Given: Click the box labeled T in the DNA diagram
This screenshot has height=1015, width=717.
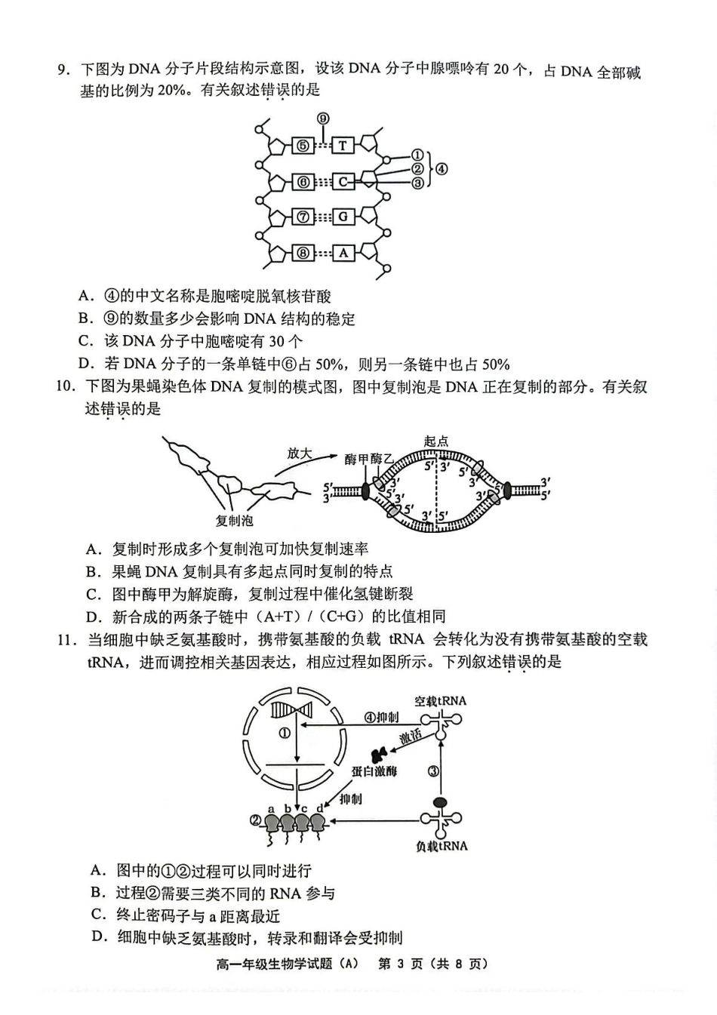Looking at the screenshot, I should click(343, 146).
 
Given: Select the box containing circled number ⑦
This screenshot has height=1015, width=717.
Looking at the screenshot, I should click(302, 217).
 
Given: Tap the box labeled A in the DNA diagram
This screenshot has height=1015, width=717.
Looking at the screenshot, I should click(343, 253).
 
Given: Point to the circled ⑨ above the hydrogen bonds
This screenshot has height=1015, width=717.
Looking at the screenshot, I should click(323, 118).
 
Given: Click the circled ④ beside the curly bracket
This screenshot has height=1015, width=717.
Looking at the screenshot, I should click(442, 169).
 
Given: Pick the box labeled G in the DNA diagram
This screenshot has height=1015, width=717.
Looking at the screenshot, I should click(343, 217).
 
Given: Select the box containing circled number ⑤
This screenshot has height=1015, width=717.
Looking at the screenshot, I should click(302, 146).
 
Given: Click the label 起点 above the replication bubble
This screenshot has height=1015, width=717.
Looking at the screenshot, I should click(436, 441).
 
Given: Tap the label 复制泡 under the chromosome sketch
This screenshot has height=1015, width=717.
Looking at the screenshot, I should click(234, 521).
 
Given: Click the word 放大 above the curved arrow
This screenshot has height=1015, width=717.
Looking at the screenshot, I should click(299, 453).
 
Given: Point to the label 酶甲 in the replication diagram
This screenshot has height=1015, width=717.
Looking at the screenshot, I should click(357, 460).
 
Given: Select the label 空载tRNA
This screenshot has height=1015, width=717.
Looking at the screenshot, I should click(441, 701).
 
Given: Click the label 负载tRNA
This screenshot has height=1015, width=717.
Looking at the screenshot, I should click(442, 846).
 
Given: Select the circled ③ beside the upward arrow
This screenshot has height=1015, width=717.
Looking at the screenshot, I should click(433, 771).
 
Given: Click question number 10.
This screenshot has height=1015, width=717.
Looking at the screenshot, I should click(66, 387).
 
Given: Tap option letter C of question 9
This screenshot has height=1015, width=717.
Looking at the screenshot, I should click(86, 341).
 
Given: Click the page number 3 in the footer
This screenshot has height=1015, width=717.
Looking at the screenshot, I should click(404, 964).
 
